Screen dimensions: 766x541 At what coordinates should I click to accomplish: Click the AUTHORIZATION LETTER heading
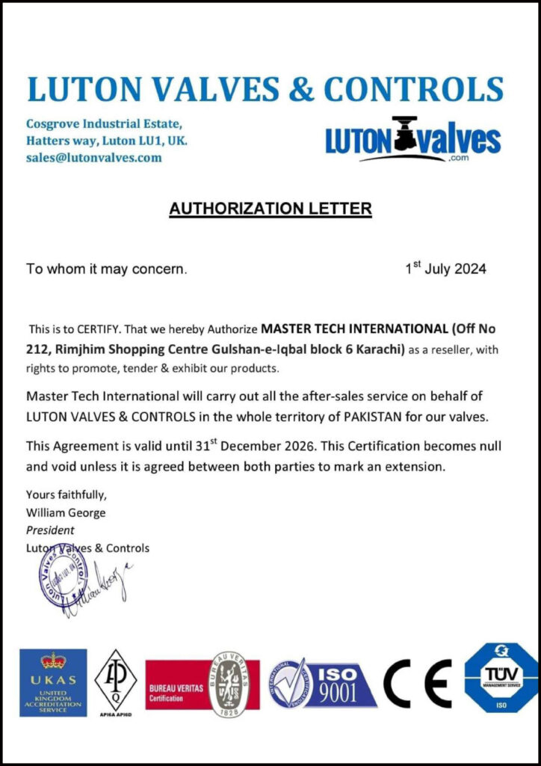click(x=270, y=208)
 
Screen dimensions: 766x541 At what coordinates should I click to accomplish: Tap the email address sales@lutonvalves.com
click(x=93, y=157)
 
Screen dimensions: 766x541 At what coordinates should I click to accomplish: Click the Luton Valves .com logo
click(x=412, y=140)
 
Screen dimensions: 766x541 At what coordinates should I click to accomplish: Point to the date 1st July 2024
click(x=445, y=269)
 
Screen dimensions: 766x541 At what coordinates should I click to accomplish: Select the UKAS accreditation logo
click(x=53, y=682)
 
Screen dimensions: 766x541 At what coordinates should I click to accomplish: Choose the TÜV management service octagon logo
click(x=500, y=678)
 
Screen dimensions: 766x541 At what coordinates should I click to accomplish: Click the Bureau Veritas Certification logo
click(x=202, y=683)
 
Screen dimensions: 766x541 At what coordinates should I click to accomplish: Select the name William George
click(x=66, y=513)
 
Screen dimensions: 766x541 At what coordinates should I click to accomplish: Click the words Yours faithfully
click(x=67, y=494)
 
